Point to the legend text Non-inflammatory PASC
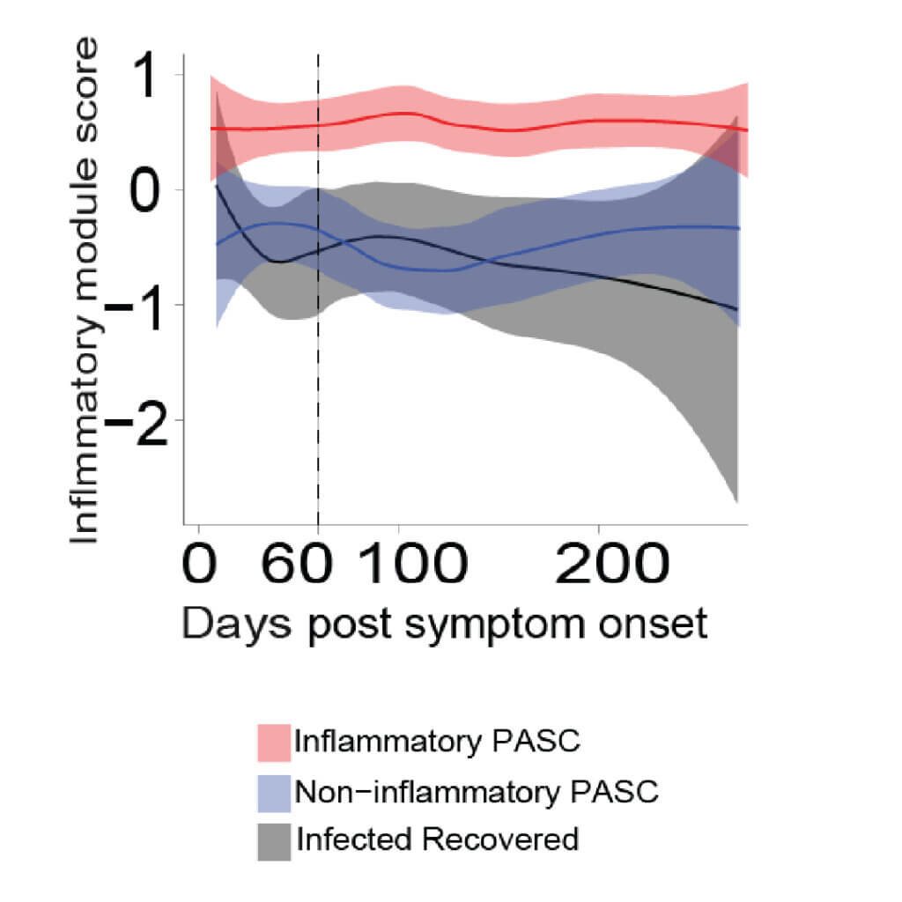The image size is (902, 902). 477,791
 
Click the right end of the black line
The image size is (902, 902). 736,309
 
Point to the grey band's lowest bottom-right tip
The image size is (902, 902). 736,501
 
